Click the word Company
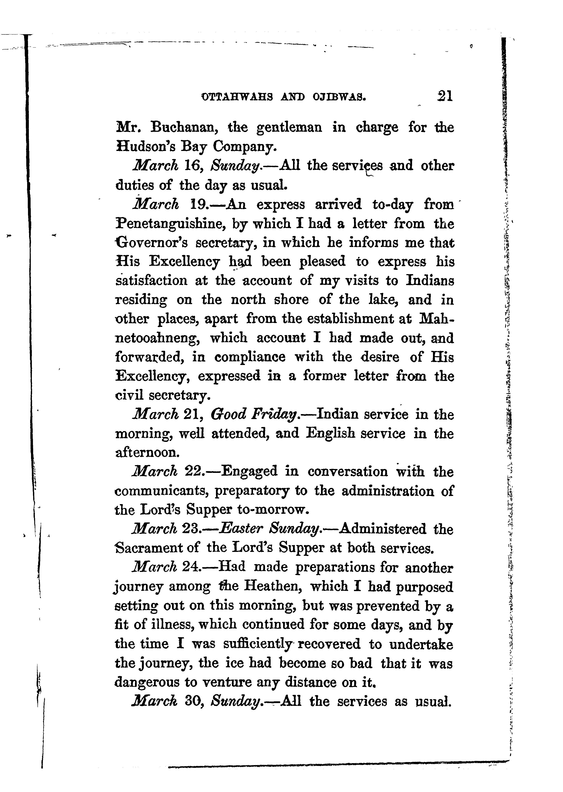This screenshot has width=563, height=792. (x=244, y=147)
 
